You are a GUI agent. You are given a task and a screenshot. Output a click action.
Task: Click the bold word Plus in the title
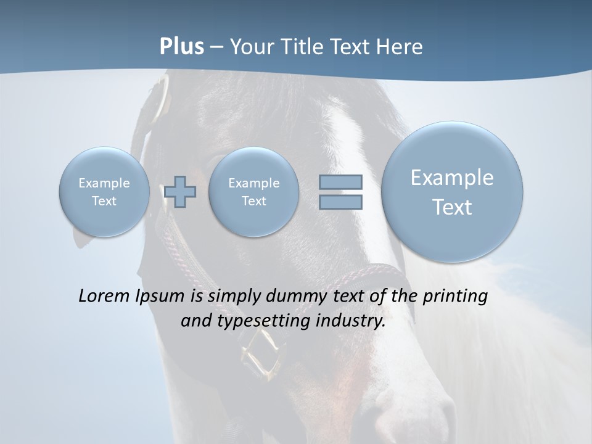coord(181,47)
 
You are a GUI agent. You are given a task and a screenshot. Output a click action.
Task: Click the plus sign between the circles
coord(180,192)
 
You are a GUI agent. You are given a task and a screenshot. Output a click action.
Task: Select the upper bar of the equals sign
coord(340,182)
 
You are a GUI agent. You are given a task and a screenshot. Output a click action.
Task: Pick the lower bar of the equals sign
coord(340,202)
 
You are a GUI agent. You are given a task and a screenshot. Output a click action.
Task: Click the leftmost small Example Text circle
coord(104,192)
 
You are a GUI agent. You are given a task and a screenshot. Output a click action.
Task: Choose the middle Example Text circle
coord(253,192)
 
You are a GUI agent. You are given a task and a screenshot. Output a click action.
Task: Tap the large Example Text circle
coord(452,192)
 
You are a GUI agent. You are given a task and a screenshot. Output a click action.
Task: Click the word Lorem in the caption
coord(104,296)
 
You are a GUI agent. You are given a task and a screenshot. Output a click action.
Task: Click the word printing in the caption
coord(454,297)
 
